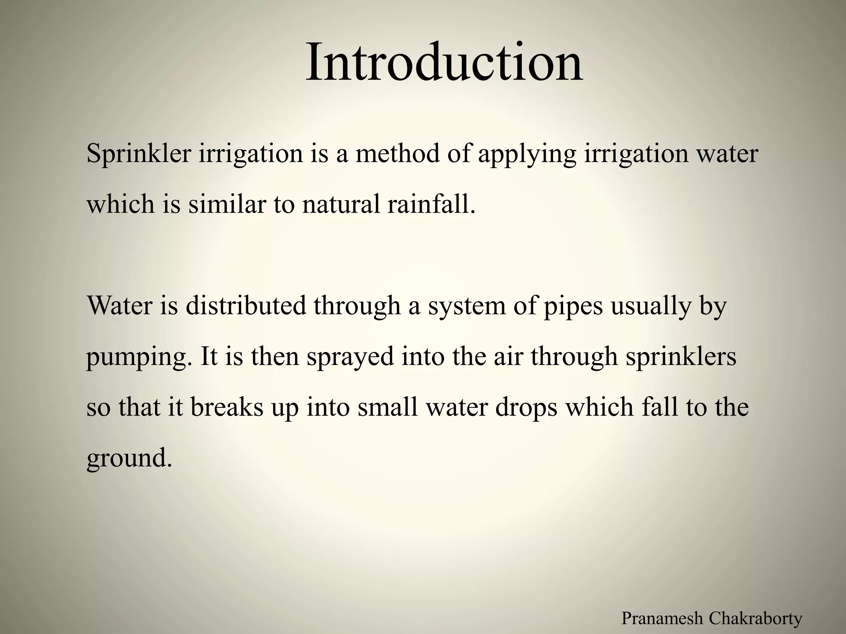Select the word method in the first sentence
click(x=397, y=154)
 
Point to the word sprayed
click(x=350, y=357)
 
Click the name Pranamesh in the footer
click(x=661, y=618)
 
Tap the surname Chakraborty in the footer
click(x=756, y=618)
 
